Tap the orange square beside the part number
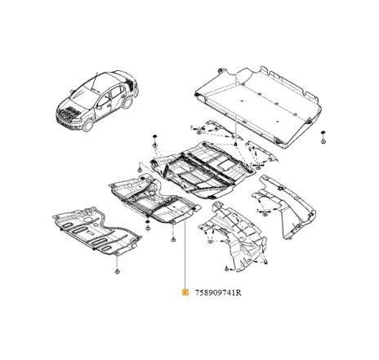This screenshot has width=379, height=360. [x=186, y=291]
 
